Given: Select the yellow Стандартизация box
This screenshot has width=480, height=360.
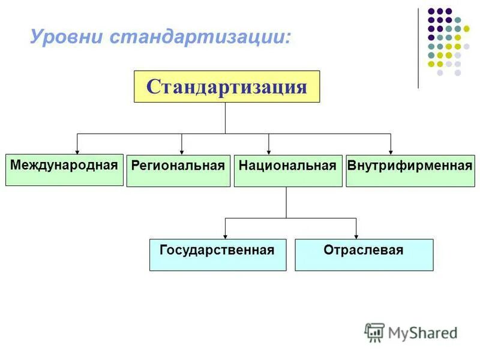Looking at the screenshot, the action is point(227,87).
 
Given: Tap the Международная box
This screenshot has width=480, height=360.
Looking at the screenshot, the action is point(64,170).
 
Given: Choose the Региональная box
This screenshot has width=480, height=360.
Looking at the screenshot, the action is point(178,171).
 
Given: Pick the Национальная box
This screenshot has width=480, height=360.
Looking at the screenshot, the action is point(287,171).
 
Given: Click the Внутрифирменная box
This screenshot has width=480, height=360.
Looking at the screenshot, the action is point(410,171).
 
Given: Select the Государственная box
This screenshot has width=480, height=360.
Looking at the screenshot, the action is point(217,255).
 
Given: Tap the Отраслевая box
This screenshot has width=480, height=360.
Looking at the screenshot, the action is point(364,255).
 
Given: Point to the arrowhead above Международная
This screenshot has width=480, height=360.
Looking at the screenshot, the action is point(77,151).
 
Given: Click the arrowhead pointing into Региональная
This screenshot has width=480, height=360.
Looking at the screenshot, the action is point(182,151).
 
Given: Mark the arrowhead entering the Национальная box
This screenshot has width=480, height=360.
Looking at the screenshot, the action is point(269,151).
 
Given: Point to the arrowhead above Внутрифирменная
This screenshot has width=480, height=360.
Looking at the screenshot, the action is point(391,151).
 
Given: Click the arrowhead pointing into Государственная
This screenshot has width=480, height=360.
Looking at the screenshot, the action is point(225,236).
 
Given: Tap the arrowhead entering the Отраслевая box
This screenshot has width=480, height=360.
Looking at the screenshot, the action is point(356,236).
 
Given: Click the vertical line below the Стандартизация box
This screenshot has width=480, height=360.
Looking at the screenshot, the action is point(225,118).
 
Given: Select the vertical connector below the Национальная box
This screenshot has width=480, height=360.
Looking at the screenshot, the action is point(286,202).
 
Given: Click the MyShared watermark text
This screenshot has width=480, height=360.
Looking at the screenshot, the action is point(423,332).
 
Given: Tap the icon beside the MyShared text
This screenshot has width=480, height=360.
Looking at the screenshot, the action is point(374,332).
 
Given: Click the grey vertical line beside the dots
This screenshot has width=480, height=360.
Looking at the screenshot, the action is point(418,48).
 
